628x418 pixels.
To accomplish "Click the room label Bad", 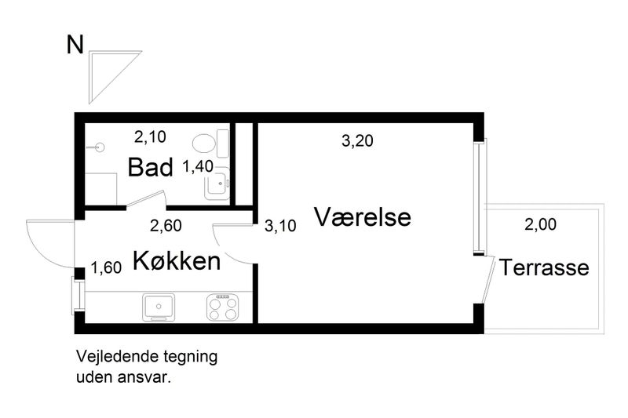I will tap(149, 167).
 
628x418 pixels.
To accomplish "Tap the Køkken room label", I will tap(176, 260).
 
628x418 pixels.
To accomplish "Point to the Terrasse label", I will tap(545, 268).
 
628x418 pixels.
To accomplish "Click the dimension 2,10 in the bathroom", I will tap(149, 137).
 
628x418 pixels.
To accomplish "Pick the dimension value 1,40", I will tap(198, 166).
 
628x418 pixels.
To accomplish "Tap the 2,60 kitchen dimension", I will tap(166, 227).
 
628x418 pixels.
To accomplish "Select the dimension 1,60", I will tap(106, 268).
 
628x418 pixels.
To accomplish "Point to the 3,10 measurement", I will tap(280, 227).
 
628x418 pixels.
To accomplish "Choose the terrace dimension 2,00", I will tap(540, 225).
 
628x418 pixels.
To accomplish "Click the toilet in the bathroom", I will tap(209, 143).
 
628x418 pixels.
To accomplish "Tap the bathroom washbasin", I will tap(216, 185).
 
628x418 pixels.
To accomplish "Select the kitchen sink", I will tap(160, 307).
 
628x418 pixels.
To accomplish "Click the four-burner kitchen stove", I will tap(223, 307).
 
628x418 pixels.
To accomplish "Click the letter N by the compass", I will tap(75, 45).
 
